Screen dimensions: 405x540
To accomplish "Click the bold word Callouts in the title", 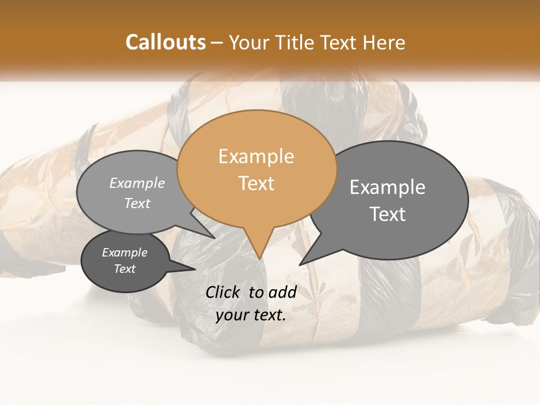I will tap(165, 42).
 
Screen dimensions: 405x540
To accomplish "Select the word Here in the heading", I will tap(385, 42).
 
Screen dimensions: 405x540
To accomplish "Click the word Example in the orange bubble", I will tap(256, 156).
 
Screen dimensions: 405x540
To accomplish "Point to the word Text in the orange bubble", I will tap(256, 183).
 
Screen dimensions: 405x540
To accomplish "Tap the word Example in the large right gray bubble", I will tap(388, 187).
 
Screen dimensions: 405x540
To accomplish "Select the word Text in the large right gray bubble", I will tap(388, 214).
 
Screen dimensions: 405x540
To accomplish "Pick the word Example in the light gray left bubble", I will tap(137, 183).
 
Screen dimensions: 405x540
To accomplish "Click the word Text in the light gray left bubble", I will tap(137, 203).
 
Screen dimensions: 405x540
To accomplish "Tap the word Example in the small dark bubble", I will tap(124, 253).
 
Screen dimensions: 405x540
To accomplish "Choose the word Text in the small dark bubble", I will tap(124, 269).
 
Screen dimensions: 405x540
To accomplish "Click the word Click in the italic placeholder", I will tap(224, 292).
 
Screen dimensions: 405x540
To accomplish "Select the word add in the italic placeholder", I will tap(282, 292).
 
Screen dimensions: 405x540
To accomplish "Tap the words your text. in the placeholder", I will tap(251, 315).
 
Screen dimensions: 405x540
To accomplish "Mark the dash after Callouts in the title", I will tap(217, 43).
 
